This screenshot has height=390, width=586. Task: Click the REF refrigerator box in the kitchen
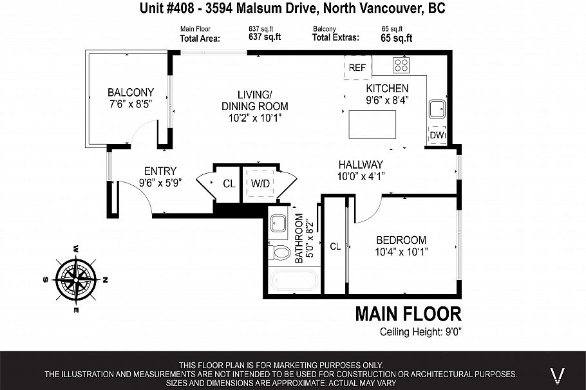click(x=357, y=68)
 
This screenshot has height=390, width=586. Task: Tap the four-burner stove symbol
click(x=401, y=64)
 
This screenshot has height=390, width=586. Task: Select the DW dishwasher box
click(x=437, y=135)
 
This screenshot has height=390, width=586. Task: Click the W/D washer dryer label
click(x=261, y=183)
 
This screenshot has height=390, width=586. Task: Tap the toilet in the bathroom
click(x=279, y=252)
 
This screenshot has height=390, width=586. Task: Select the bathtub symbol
click(x=293, y=281)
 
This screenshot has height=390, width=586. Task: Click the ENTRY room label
click(x=160, y=171)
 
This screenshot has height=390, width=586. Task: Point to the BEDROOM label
click(x=401, y=239)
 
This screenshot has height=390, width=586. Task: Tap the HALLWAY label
click(x=360, y=165)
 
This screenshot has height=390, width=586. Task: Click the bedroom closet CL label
click(x=335, y=246)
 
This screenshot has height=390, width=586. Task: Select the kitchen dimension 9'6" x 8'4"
click(x=387, y=100)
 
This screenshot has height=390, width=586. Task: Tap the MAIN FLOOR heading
click(x=408, y=314)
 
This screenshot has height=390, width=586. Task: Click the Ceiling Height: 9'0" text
click(x=421, y=332)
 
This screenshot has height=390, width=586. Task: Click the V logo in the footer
click(x=560, y=373)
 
